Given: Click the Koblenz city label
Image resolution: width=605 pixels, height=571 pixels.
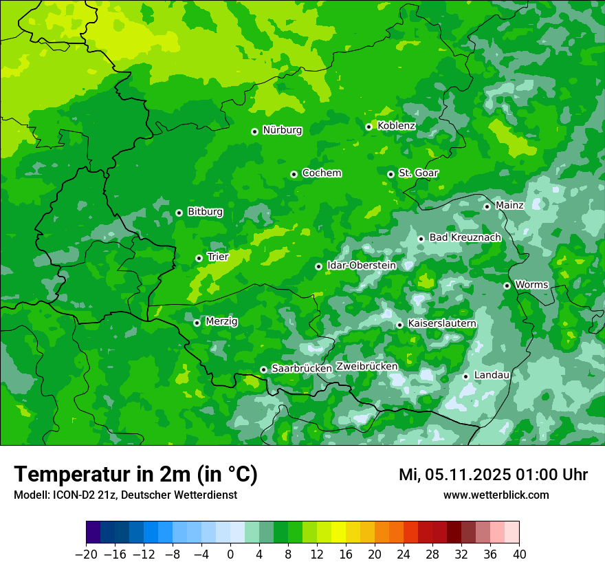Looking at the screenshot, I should pyautogui.click(x=396, y=126).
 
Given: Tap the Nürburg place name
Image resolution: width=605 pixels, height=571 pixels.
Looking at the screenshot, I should pyautogui.click(x=282, y=130).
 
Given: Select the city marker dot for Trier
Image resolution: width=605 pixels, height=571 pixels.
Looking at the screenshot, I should pyautogui.click(x=199, y=258).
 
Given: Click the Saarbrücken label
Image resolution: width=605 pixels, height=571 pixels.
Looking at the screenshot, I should pyautogui.click(x=302, y=369).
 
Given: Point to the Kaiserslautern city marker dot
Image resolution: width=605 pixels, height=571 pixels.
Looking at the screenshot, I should pyautogui.click(x=399, y=325).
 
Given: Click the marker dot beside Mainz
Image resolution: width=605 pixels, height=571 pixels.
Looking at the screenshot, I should pyautogui.click(x=487, y=206).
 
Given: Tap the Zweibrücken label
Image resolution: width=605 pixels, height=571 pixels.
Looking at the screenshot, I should pyautogui.click(x=366, y=367).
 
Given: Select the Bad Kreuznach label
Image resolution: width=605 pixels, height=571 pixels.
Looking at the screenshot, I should pyautogui.click(x=465, y=237).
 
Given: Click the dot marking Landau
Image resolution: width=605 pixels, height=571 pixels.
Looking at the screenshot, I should pyautogui.click(x=465, y=376).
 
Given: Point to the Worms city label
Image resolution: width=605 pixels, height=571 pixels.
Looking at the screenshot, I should pyautogui.click(x=531, y=285).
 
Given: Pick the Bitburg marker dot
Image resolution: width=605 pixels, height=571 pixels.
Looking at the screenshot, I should pyautogui.click(x=179, y=213).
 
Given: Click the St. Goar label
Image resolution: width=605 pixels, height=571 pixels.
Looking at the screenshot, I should pyautogui.click(x=418, y=173).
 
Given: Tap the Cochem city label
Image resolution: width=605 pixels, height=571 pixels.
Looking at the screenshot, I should pyautogui.click(x=321, y=173).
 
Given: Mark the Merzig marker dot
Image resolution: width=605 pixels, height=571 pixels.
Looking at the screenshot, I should pyautogui.click(x=197, y=323).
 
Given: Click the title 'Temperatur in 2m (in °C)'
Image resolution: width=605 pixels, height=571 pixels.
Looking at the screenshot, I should pyautogui.click(x=135, y=475).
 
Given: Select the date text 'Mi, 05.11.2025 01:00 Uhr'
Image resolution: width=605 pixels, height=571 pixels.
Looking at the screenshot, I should pyautogui.click(x=493, y=475).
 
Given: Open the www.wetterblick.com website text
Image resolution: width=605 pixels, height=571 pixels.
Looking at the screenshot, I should pyautogui.click(x=496, y=495).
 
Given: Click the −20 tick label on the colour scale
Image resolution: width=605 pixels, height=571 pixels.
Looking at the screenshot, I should pyautogui.click(x=86, y=554).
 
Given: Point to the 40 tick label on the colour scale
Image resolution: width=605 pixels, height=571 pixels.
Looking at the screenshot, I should pyautogui.click(x=519, y=554).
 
